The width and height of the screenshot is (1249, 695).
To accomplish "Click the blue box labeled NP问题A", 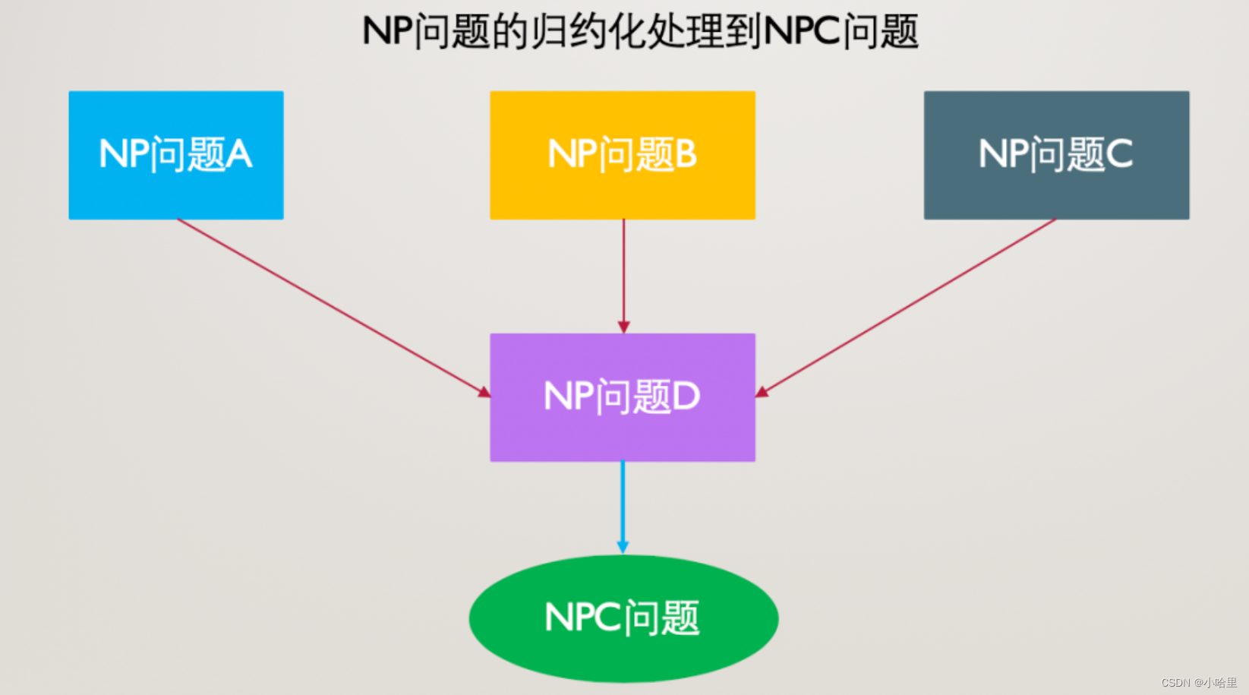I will point(175,155).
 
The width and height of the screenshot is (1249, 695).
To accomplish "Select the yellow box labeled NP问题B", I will point(622,155).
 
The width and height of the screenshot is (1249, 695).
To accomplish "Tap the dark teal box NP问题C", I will point(1056,155).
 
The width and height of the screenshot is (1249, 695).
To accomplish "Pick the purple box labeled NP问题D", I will point(622,397).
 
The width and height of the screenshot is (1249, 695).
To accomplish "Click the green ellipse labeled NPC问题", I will point(623,618).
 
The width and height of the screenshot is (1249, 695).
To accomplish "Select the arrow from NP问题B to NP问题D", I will point(623,273).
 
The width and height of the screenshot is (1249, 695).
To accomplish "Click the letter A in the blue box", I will point(238,155).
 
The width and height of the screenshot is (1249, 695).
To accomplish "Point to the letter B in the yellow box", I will point(686,155).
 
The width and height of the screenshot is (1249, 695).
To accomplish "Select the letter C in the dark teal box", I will point(1119,155).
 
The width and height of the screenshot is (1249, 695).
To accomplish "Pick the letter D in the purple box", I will point(686,397).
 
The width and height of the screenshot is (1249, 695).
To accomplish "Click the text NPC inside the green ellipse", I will point(582,618).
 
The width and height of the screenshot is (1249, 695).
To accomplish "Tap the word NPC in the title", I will point(802,32).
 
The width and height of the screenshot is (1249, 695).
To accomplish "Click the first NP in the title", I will point(388,32).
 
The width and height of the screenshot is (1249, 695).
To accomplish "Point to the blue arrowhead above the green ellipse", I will point(623,547).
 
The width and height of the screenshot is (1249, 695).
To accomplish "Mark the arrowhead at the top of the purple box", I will point(623,327).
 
